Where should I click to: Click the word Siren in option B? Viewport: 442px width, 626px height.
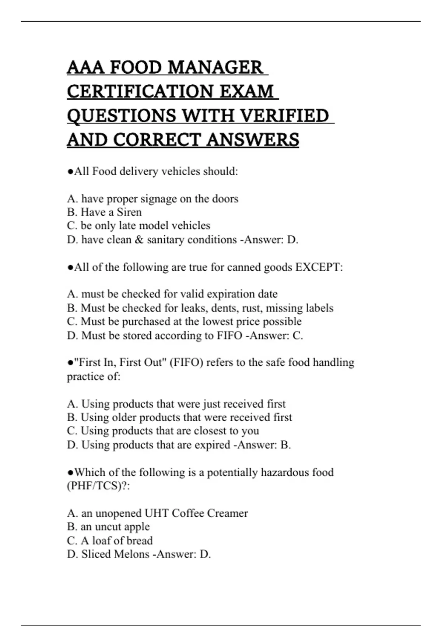[x=129, y=212]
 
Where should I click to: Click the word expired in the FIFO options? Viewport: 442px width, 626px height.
[x=212, y=445]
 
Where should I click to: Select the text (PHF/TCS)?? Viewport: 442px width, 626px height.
[x=98, y=486]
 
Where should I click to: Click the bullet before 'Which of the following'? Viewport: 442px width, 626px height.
[x=70, y=472]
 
